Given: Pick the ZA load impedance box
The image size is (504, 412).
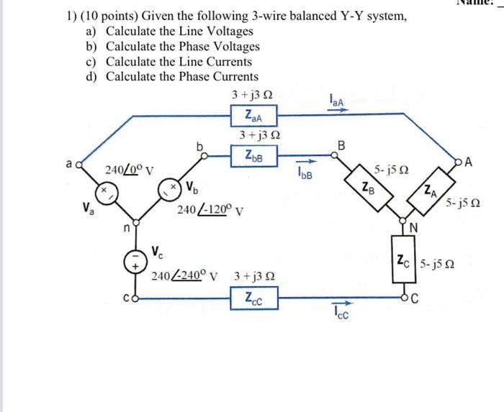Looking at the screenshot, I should [428, 191].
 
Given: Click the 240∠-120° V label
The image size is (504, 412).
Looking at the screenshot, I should [210, 211].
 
